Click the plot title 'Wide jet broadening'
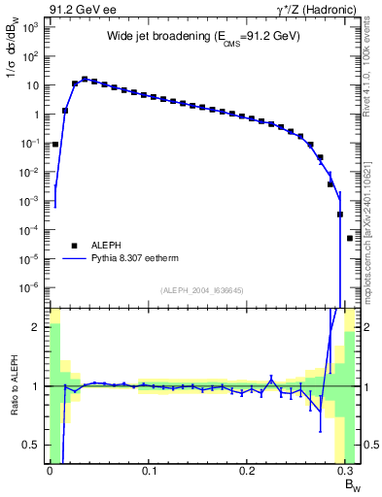[x=203, y=36]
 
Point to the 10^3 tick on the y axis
[x=29, y=27]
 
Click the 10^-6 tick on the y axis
[x=29, y=287]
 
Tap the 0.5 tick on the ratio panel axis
[x=32, y=445]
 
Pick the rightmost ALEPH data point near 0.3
[x=350, y=238]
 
